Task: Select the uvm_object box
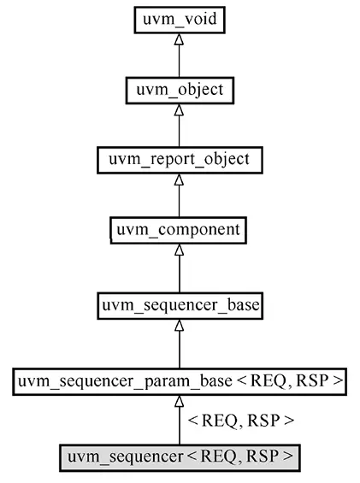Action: click(179, 89)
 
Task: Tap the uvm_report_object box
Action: click(179, 160)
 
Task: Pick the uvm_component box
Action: click(179, 232)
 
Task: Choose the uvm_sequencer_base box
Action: click(179, 303)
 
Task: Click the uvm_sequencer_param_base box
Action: click(179, 381)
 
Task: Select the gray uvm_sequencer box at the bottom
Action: click(179, 456)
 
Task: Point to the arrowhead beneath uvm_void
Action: click(179, 39)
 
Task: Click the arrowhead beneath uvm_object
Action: click(179, 111)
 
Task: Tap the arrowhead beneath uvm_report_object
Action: click(179, 182)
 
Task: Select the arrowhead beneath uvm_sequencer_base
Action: click(179, 326)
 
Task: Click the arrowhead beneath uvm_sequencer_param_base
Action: click(179, 403)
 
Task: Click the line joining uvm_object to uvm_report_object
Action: click(179, 131)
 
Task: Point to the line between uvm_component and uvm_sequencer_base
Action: click(179, 274)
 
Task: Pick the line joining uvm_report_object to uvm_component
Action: click(179, 203)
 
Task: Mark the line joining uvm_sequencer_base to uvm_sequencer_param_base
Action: click(179, 349)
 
